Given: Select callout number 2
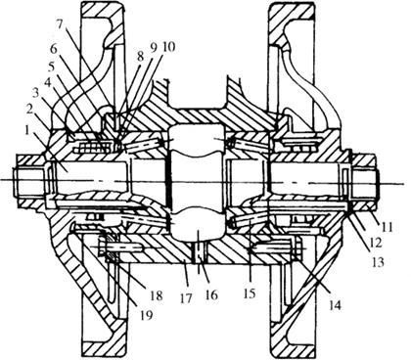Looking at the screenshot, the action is click(x=30, y=110).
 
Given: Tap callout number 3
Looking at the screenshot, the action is click(x=38, y=95).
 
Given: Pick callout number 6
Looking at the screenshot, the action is click(x=54, y=50).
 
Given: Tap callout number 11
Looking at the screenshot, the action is click(x=387, y=226).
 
